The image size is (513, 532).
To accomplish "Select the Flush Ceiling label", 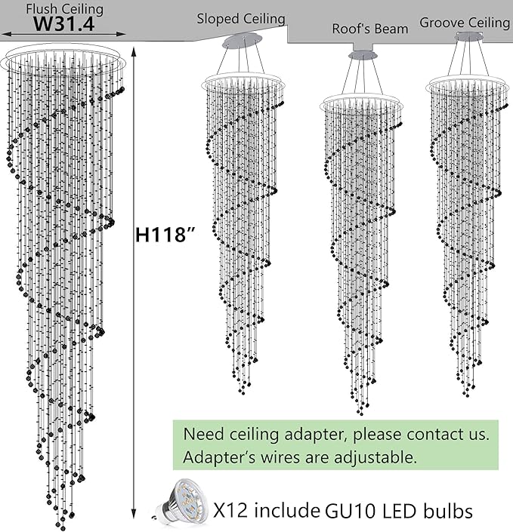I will (64, 8).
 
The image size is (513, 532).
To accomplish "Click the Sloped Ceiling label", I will (241, 18).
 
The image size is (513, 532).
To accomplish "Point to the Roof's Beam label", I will (370, 29).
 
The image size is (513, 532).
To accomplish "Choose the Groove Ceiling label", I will (465, 23).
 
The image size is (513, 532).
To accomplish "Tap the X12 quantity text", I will (231, 511).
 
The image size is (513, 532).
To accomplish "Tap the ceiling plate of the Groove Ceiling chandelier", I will (463, 35).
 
